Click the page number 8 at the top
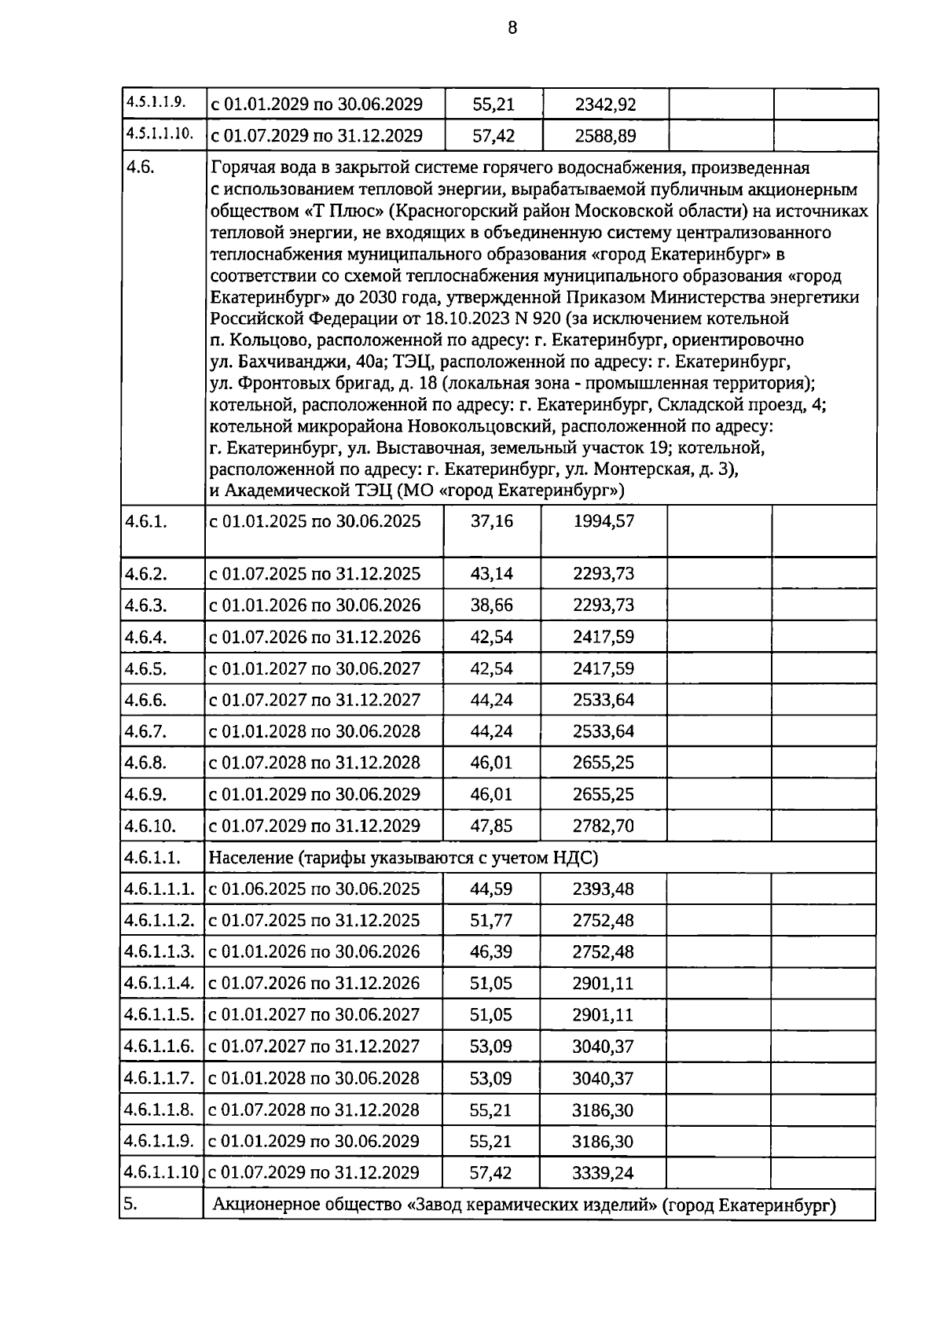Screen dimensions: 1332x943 512,29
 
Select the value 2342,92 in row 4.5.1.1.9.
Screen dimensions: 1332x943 605,105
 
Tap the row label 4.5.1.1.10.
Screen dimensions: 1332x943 160,134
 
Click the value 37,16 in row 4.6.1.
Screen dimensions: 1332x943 492,521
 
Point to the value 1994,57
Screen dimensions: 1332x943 604,521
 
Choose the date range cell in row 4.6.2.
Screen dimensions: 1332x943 314,574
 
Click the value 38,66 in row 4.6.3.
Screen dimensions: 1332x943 492,605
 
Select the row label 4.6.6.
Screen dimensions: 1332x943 145,700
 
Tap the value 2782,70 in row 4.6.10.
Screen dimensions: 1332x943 604,826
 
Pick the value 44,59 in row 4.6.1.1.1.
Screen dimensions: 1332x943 492,889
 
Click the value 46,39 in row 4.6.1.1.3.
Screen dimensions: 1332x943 492,952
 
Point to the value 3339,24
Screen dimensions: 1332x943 604,1173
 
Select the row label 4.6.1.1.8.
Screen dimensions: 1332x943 160,1109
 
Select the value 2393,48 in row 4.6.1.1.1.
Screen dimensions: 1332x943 604,889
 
